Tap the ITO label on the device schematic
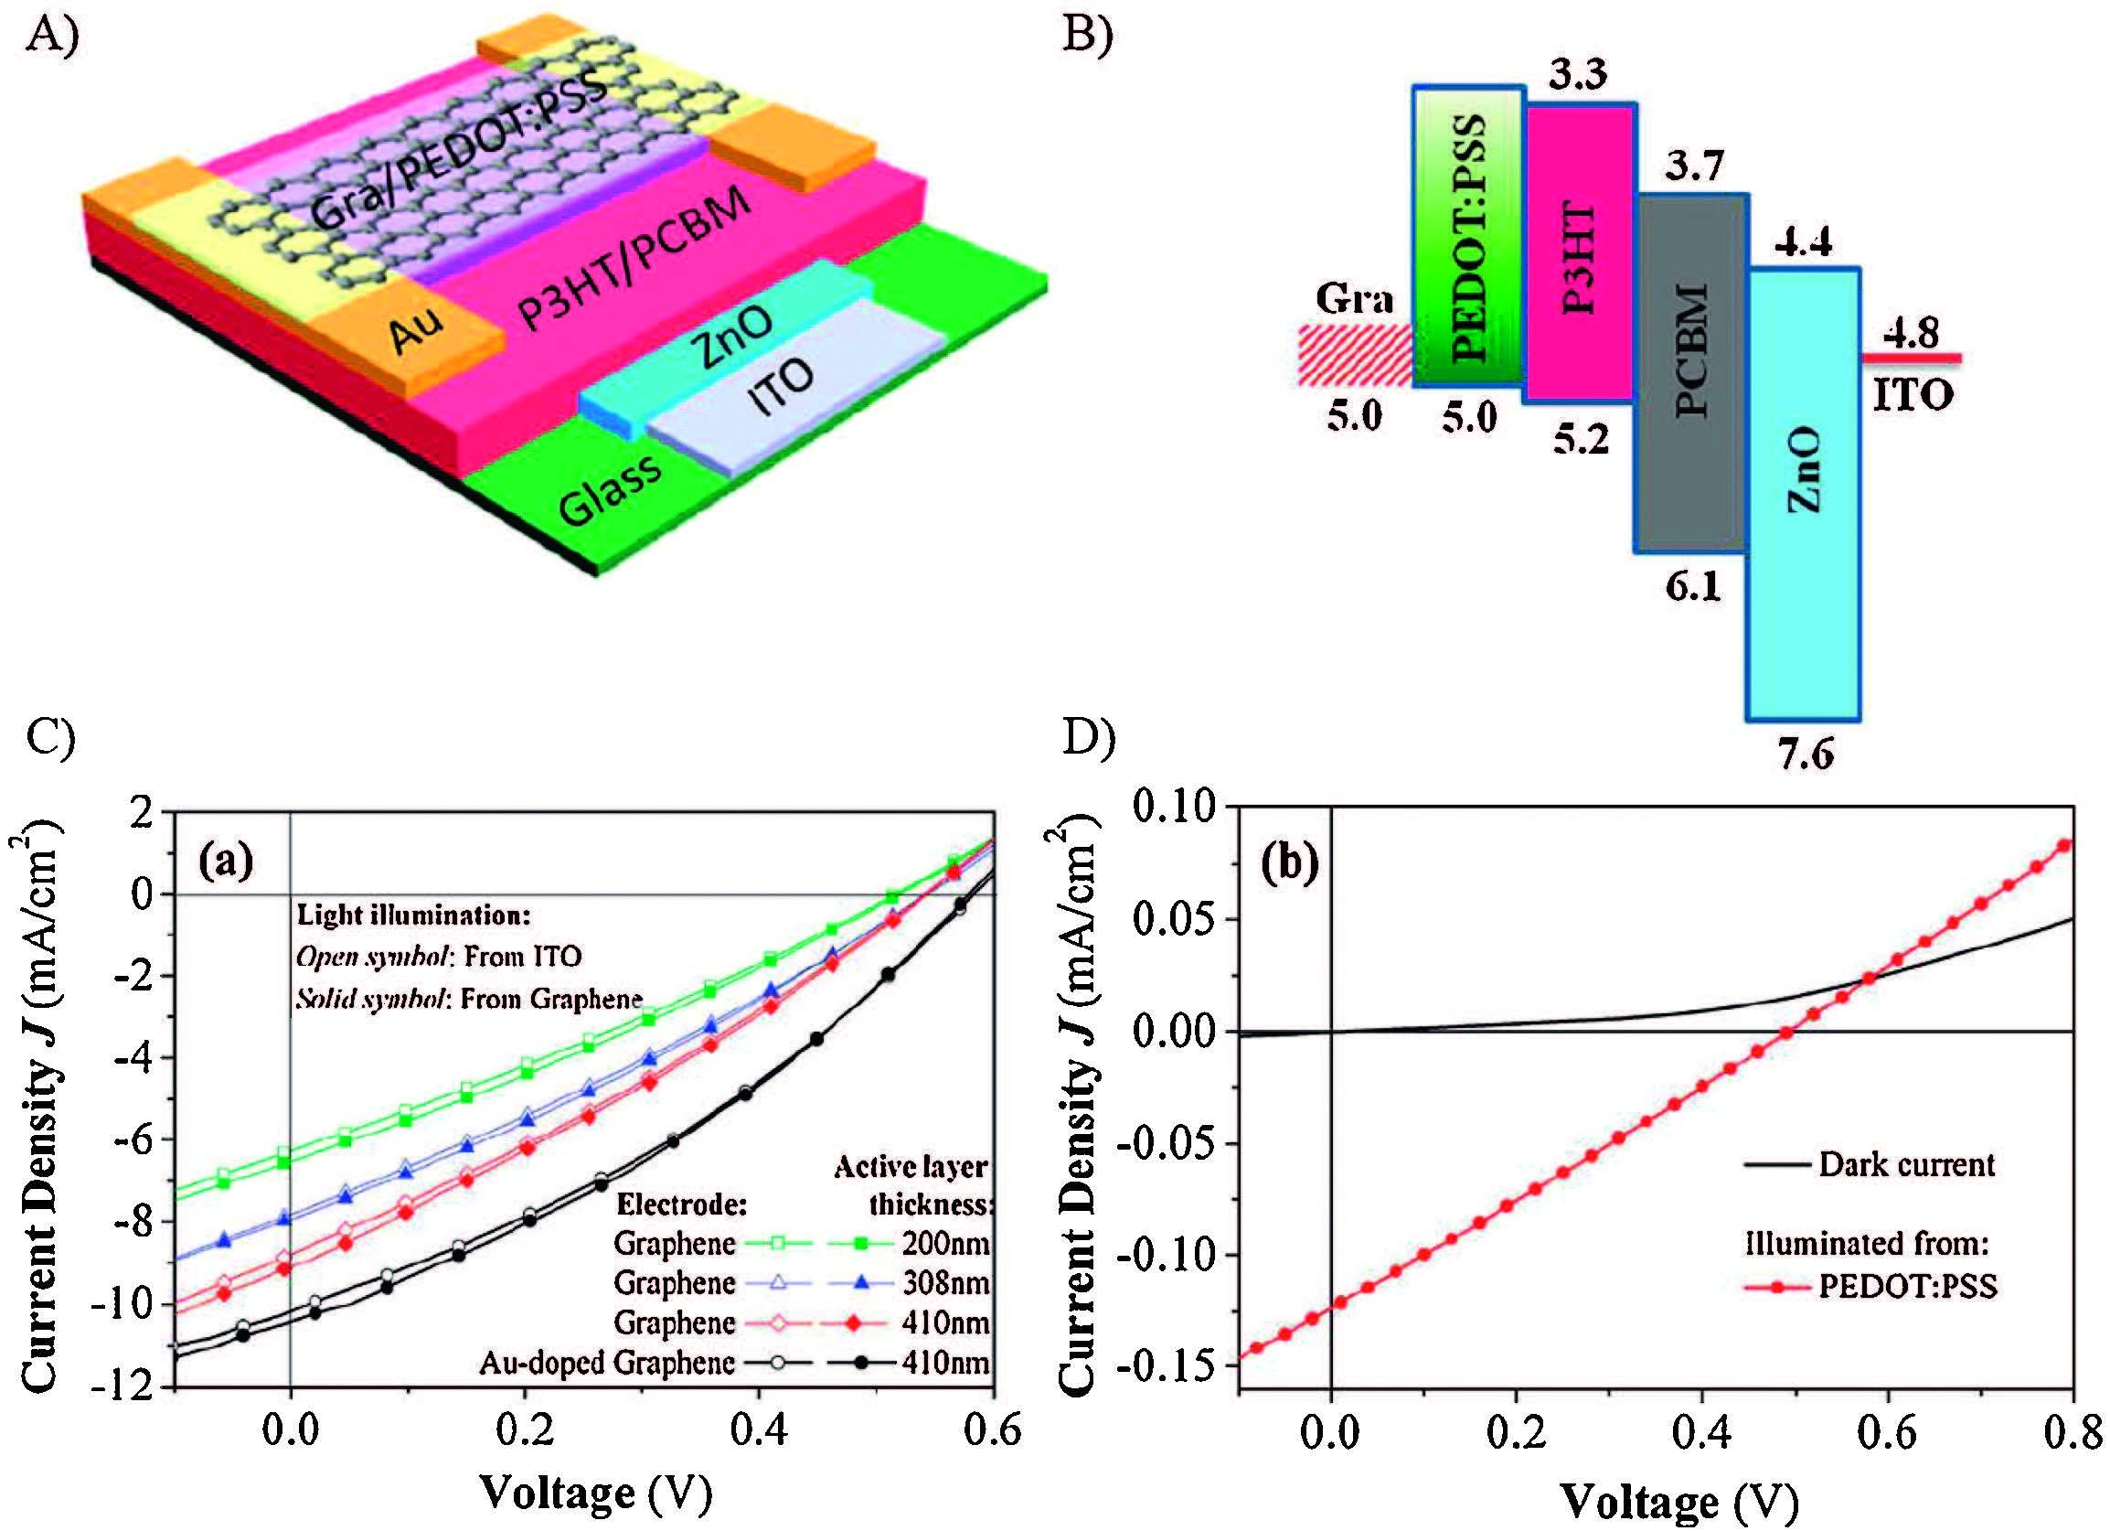[x=781, y=388]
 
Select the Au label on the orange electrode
[x=416, y=329]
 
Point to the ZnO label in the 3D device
[x=731, y=337]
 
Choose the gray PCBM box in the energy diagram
[x=1691, y=372]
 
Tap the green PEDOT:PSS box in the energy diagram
[x=1468, y=237]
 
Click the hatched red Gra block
[x=1355, y=354]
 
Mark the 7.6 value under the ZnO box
[x=1805, y=754]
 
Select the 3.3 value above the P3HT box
[x=1578, y=72]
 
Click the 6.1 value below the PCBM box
[x=1692, y=586]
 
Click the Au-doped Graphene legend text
[x=606, y=1363]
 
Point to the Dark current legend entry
[x=1906, y=1164]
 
